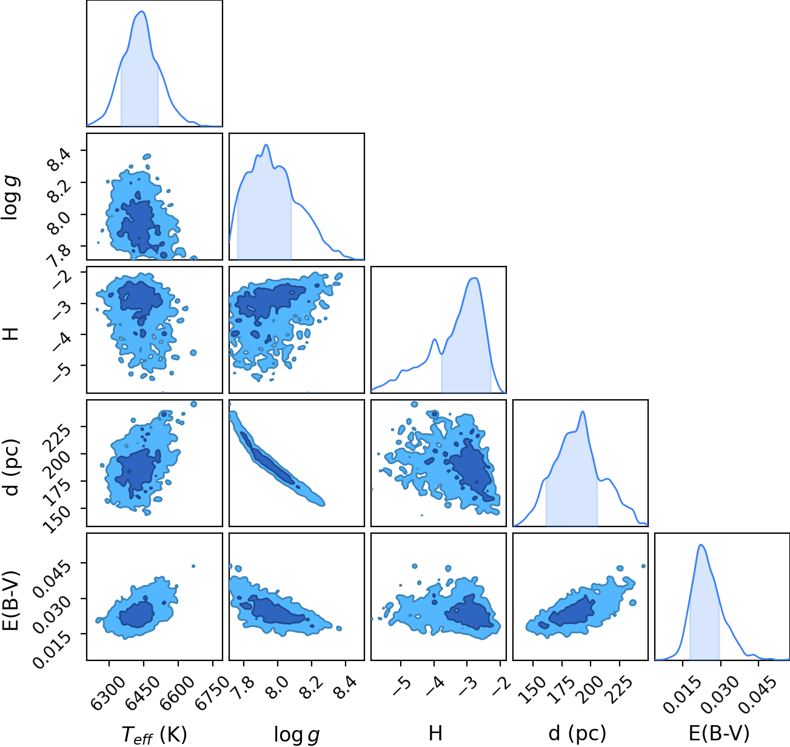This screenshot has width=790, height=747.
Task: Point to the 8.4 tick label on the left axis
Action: (59, 159)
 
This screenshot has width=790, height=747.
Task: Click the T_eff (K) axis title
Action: (155, 734)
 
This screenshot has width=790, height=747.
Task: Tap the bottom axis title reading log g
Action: (296, 735)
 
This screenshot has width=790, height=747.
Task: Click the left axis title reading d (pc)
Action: (12, 468)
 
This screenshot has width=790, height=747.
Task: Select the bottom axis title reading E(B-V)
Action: (719, 734)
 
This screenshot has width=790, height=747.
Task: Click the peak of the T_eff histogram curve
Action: (142, 12)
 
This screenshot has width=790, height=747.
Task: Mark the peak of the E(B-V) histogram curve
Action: (701, 545)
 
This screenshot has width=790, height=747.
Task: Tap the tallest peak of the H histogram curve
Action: (475, 278)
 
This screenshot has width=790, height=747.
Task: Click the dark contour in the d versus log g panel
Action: (267, 458)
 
